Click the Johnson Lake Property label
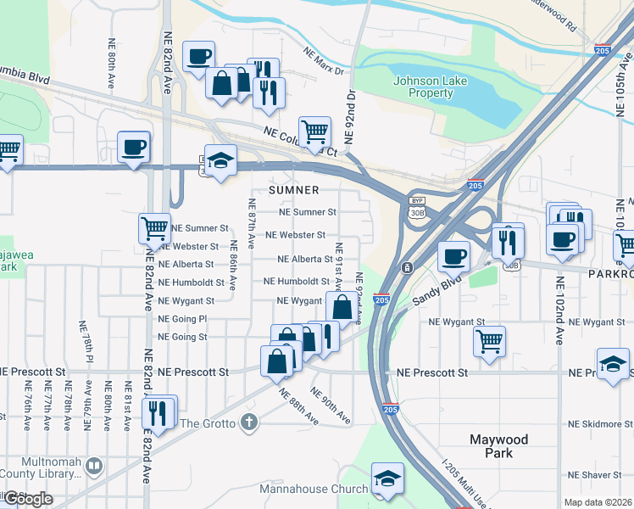pos(422,87)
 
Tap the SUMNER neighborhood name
pos(294,191)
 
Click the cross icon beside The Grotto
pos(248,422)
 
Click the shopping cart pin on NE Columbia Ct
pos(314,132)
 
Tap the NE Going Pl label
pos(182,319)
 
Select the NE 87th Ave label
pos(252,223)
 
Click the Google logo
pos(27,499)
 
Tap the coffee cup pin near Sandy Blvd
pos(453,256)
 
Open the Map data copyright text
pos(598,502)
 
